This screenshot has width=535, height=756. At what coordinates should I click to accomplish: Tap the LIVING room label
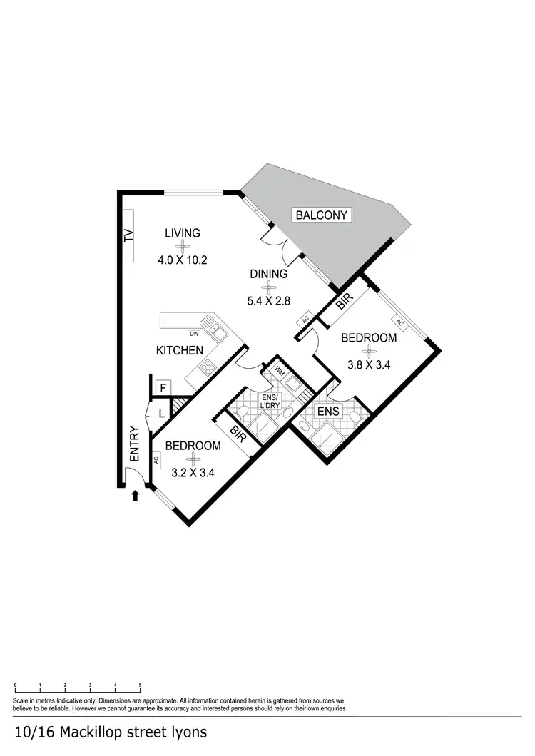[x=182, y=233]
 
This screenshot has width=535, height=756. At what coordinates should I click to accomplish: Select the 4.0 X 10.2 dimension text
[x=182, y=260]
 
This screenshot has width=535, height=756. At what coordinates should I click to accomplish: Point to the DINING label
[x=268, y=274]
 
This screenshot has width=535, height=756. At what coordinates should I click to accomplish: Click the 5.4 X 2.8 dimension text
[x=268, y=301]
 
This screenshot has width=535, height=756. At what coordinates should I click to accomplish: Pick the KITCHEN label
[x=180, y=350]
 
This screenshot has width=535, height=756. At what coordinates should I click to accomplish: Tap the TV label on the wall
[x=129, y=236]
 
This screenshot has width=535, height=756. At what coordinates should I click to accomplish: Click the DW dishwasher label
[x=194, y=333]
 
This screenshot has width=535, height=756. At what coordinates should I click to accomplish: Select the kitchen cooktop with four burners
[x=208, y=367]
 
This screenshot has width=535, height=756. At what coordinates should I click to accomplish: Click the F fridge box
[x=163, y=388]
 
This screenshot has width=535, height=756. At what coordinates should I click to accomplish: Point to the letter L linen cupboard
[x=161, y=412]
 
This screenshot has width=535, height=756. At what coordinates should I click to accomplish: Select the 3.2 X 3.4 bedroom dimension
[x=193, y=473]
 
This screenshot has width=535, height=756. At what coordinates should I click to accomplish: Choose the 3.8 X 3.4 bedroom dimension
[x=368, y=364]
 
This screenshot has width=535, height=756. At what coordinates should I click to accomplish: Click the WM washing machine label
[x=278, y=372]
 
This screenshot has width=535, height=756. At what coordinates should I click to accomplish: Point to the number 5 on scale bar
[x=140, y=685]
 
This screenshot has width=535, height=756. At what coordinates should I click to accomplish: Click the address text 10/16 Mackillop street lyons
[x=111, y=732]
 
